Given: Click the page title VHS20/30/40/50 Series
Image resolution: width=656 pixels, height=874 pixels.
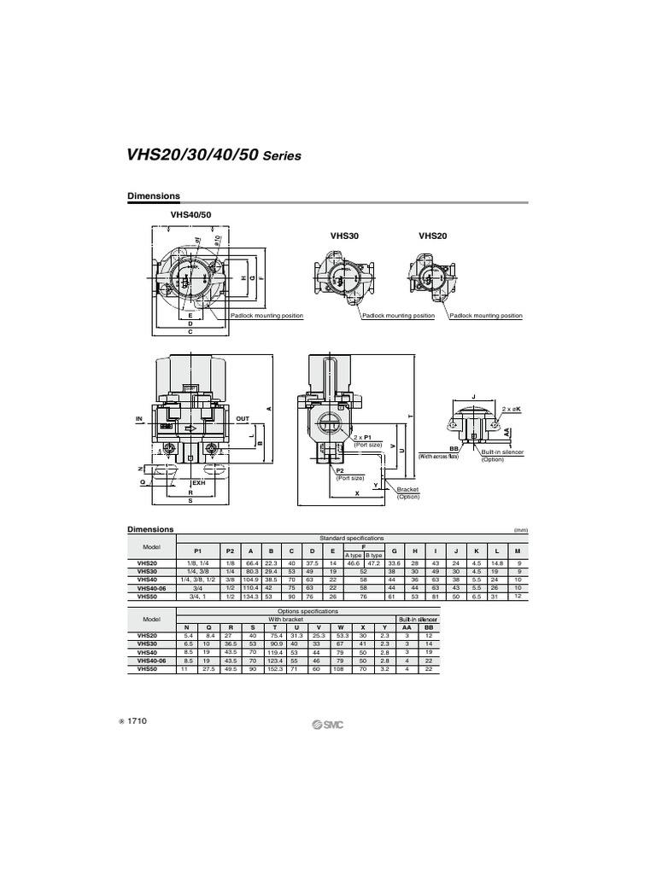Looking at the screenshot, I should (x=214, y=156).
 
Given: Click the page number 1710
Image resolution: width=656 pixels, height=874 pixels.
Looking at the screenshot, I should (x=138, y=721).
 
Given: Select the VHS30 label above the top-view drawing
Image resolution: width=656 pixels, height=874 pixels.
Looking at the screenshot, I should (x=344, y=236).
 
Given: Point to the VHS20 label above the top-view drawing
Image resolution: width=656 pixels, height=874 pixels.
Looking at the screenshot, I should (x=433, y=236).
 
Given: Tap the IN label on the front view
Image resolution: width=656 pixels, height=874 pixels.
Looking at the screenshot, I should (x=139, y=419).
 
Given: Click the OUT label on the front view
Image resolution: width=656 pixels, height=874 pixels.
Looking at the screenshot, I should (x=243, y=419).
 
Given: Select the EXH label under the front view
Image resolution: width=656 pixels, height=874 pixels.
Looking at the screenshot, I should (x=199, y=483).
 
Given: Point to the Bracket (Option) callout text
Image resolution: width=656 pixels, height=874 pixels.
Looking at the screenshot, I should (x=409, y=492).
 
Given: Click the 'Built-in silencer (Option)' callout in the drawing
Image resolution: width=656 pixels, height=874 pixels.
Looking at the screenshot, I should (x=502, y=455).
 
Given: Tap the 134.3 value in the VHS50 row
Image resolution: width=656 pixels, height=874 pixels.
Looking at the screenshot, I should (x=252, y=596).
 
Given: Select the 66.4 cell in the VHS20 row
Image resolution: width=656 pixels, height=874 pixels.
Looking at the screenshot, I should (x=252, y=564).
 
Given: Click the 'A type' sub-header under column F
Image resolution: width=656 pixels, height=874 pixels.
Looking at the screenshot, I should (x=353, y=556).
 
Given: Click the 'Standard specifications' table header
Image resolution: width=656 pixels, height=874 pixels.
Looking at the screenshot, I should (x=352, y=539).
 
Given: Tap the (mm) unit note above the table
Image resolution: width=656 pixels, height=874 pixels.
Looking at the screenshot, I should (x=521, y=530).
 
